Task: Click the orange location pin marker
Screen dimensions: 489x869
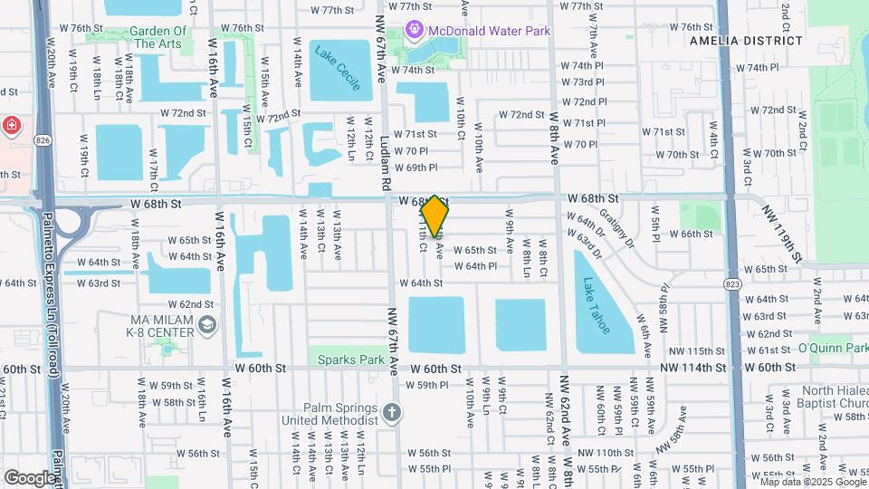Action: coord(435,216)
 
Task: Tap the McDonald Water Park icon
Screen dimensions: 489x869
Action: coord(415,31)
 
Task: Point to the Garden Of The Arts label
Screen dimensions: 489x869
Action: coord(158,37)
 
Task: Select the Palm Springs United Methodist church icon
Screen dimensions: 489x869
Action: coord(392,414)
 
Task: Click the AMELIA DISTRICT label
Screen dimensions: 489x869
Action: coord(745,41)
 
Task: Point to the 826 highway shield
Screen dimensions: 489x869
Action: coord(43,140)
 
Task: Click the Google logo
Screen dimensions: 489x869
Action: coord(30,477)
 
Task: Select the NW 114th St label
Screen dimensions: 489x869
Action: coord(692,367)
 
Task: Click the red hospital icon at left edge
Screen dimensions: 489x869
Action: coord(9,124)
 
